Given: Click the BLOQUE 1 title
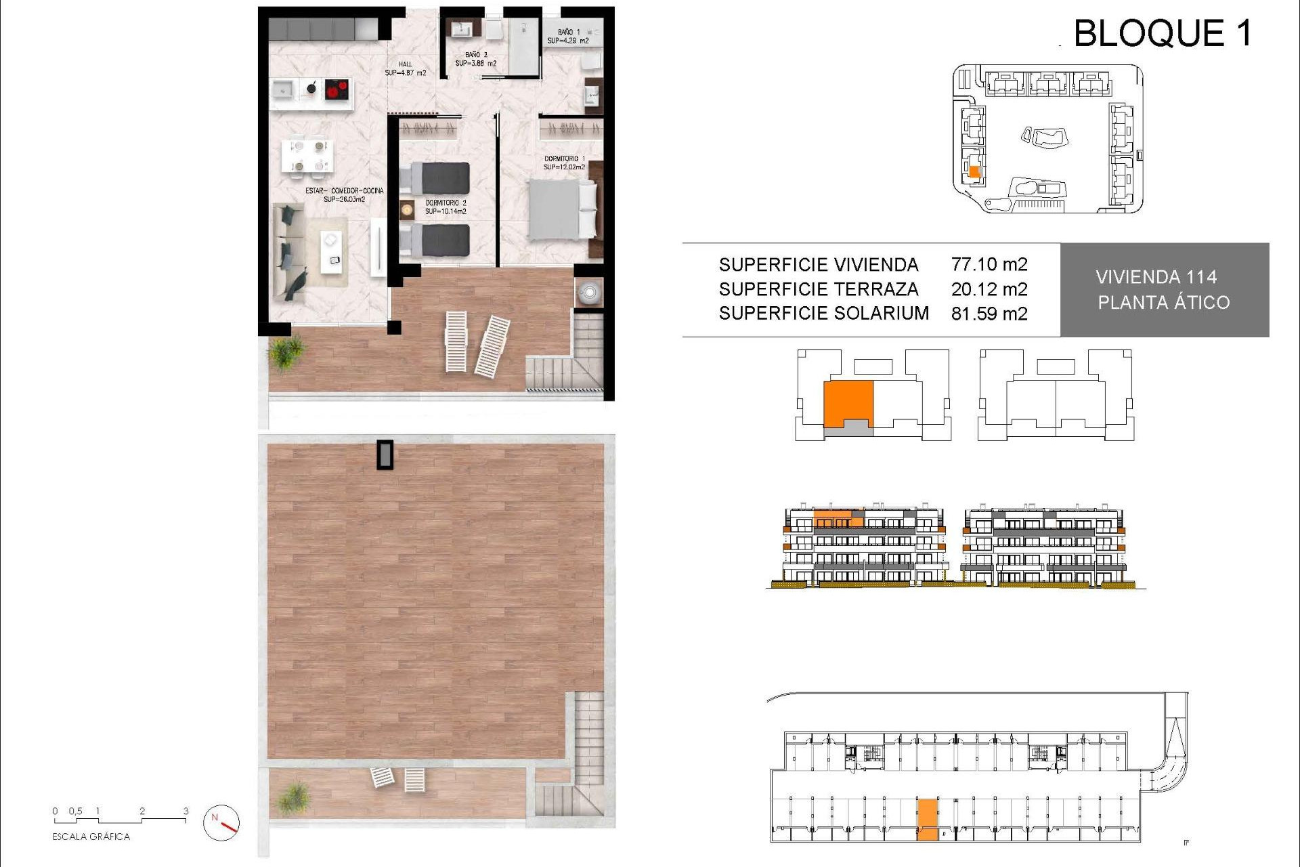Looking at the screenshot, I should [1163, 33].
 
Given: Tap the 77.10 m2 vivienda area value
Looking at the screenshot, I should [989, 264].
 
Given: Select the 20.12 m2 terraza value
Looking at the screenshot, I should [989, 289].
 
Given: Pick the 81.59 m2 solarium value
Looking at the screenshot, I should [989, 314].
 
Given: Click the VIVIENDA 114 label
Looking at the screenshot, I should [1156, 277].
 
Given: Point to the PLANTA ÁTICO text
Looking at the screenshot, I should [1163, 303].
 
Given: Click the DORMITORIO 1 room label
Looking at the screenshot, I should [564, 163].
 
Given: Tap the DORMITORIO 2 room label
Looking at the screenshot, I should [446, 207].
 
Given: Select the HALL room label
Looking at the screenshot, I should [405, 68].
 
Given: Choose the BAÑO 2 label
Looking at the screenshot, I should [475, 59].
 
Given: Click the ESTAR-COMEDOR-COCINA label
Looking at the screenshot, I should [344, 195].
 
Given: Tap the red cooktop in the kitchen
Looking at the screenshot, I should [337, 89].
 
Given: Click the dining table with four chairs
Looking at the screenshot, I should [307, 156].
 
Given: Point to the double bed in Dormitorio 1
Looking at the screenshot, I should [562, 209].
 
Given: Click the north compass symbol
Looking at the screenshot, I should [221, 822].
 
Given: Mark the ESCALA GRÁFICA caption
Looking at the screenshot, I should [91, 837].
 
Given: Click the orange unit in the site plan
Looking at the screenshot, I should [974, 171].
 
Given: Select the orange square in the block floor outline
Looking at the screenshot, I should [848, 404].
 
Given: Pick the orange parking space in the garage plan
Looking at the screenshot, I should [928, 819].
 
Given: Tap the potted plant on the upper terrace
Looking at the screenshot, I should [286, 352].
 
